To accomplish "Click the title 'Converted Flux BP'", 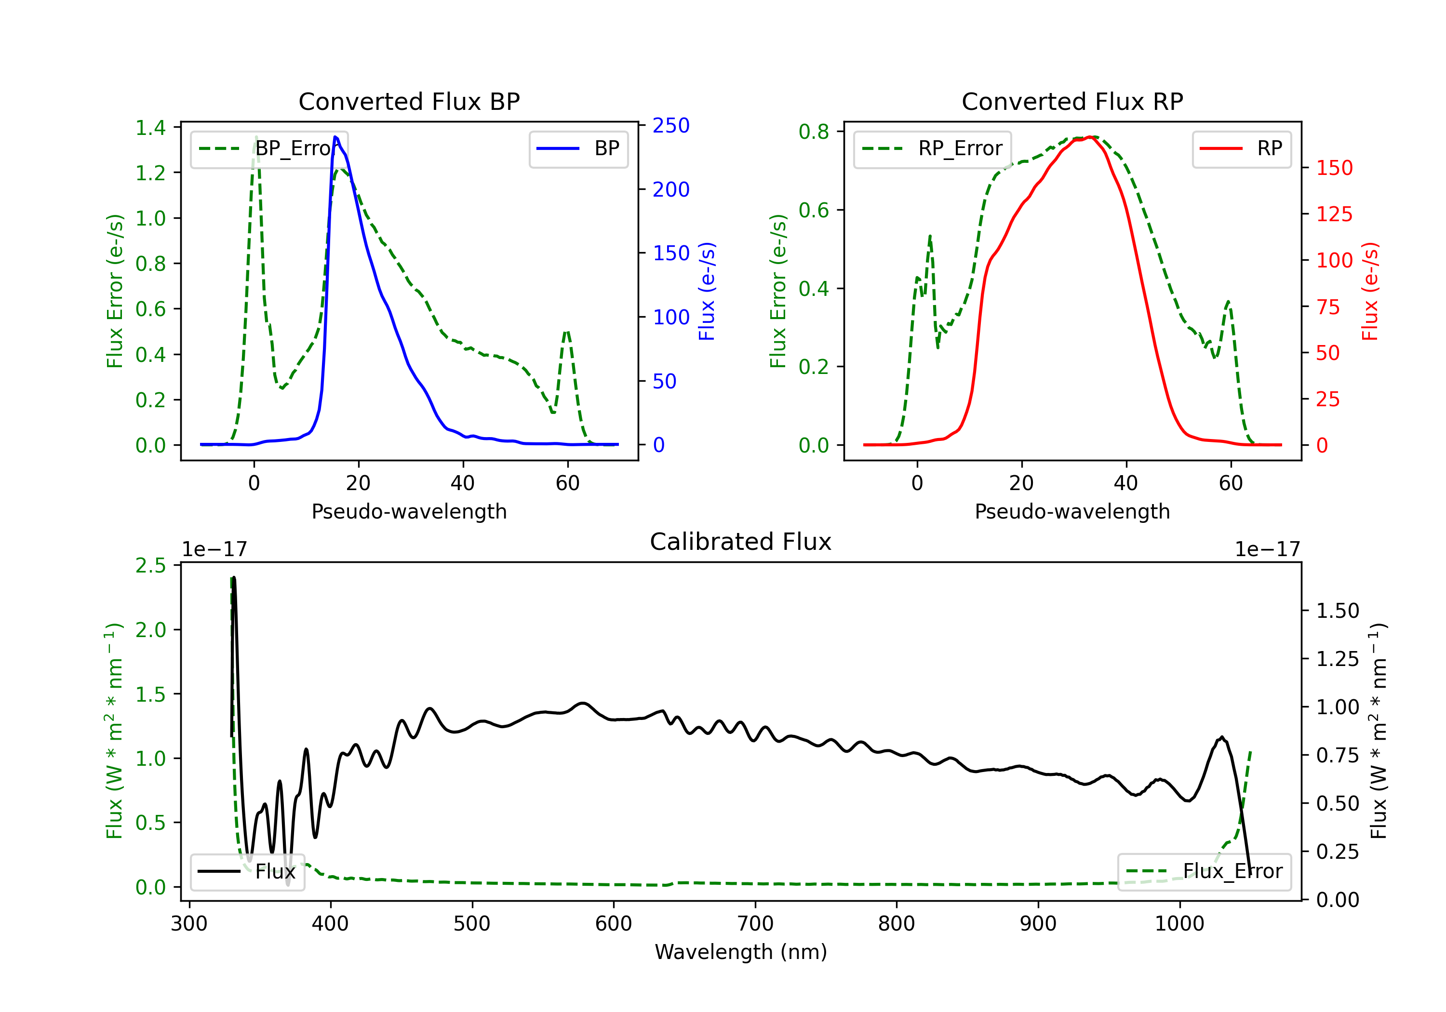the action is tap(409, 101).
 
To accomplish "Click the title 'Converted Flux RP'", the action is tap(1072, 101).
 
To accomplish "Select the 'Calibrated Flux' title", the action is tap(741, 542).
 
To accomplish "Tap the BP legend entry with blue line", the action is tap(578, 148).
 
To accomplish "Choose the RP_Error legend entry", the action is tap(932, 148).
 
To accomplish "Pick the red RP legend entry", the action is tap(1241, 148).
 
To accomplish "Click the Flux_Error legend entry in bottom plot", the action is tap(1204, 872).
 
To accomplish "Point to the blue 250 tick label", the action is tap(671, 126).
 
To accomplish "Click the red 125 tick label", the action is tap(1335, 214).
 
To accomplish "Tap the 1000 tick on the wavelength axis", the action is tap(1179, 924).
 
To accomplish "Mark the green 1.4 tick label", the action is tap(150, 128).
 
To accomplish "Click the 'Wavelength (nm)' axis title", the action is tap(741, 952).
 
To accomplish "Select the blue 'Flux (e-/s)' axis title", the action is tap(707, 291).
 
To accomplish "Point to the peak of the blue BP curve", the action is tap(335, 137).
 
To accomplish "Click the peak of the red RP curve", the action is tap(1089, 137).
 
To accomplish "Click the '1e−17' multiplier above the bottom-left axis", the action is tap(215, 549).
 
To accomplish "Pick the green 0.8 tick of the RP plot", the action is tap(814, 132).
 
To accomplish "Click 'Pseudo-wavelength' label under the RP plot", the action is tap(1072, 511).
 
